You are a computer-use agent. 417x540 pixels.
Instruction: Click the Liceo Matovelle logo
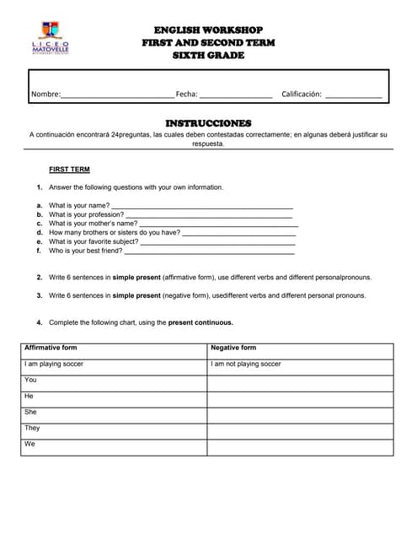click(x=51, y=40)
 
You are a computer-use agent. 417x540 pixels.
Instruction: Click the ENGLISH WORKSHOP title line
click(x=208, y=30)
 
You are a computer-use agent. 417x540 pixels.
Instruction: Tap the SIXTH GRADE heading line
click(x=208, y=56)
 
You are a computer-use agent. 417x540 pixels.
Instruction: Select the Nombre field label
click(x=45, y=94)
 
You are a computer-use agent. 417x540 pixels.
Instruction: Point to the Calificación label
click(x=302, y=94)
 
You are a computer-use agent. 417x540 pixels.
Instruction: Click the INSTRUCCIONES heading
click(x=208, y=123)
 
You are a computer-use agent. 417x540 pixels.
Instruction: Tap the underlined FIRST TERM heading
click(x=69, y=170)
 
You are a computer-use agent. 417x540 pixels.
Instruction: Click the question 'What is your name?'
click(x=79, y=205)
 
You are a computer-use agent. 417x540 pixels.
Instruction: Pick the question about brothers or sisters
click(x=115, y=232)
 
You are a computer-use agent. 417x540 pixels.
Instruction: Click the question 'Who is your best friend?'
click(x=85, y=251)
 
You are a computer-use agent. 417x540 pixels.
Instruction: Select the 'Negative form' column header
click(x=233, y=348)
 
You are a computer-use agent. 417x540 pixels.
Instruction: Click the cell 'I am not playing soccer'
click(x=246, y=364)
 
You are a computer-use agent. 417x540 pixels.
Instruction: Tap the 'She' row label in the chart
click(x=30, y=412)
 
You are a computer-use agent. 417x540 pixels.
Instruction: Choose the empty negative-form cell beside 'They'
click(x=300, y=430)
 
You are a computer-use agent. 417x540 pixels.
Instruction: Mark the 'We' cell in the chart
click(x=30, y=444)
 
